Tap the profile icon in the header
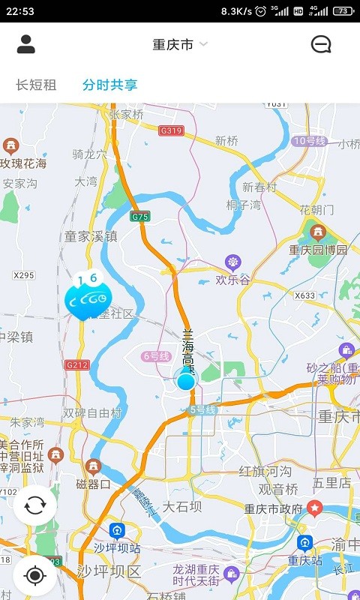point(26,44)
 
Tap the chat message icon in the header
point(321,44)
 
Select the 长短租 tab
point(36,85)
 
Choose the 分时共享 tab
point(110,85)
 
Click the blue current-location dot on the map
point(186,381)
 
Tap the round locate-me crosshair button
point(34,576)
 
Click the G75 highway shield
point(140,217)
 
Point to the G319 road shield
point(172,130)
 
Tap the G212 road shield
point(76,365)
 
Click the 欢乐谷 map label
point(232,280)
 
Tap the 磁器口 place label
point(94,484)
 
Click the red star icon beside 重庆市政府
point(315,508)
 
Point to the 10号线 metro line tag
point(308,141)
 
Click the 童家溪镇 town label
point(91,236)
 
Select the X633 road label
point(305,295)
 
